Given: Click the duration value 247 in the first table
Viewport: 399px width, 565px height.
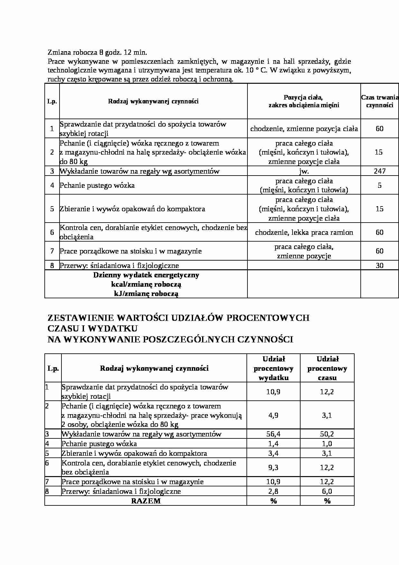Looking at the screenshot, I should click(380, 171).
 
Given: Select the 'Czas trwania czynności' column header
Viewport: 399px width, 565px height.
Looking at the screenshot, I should click(380, 101).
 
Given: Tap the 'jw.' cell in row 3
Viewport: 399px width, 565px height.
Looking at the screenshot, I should click(304, 171).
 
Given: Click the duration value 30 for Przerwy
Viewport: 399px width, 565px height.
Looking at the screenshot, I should click(380, 265).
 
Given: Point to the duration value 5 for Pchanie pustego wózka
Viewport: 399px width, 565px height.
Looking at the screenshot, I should click(380, 185).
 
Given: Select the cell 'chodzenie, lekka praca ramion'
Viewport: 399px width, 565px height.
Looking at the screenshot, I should click(304, 232).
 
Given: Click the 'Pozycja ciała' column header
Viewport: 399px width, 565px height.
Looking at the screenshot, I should click(304, 101).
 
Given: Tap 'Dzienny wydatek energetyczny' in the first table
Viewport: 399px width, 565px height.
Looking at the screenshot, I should click(146, 275).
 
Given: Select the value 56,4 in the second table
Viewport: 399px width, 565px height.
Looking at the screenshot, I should click(273, 434).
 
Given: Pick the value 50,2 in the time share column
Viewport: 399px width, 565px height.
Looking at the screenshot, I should click(327, 434).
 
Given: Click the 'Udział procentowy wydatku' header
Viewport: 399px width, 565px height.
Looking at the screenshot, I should click(273, 368).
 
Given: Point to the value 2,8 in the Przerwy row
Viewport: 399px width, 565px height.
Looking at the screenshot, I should click(273, 491).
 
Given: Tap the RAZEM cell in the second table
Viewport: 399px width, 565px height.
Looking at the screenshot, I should click(146, 501).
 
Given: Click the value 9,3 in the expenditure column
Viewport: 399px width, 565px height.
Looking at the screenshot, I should click(273, 467).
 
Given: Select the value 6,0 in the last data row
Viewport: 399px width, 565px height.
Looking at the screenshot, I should click(327, 491).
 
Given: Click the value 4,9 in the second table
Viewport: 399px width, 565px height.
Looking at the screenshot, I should click(273, 415).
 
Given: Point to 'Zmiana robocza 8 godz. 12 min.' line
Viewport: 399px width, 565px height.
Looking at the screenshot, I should click(97, 52).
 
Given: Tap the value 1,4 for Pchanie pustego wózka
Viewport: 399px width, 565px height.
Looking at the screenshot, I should click(273, 444).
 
